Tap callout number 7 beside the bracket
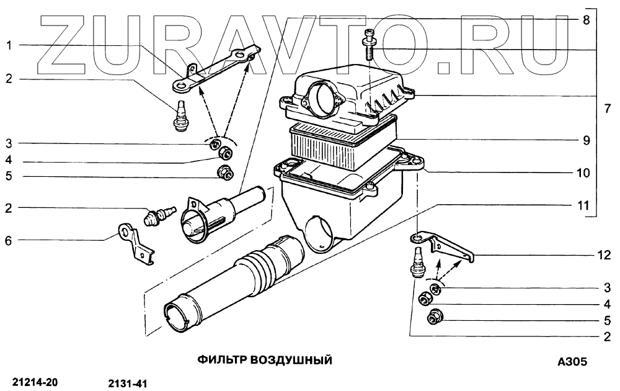[608, 109]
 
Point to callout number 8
[585, 19]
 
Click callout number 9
[585, 140]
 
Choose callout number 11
[583, 204]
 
